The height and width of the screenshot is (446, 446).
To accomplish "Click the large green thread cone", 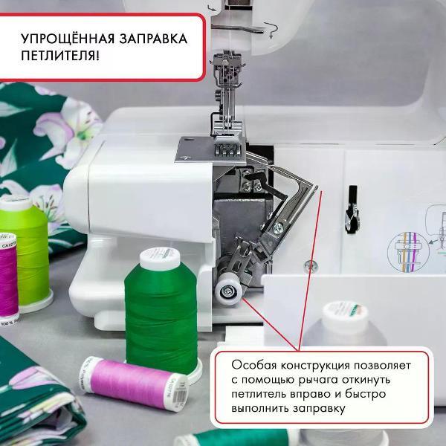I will pos(161,312).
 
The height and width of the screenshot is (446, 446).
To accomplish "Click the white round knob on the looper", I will pos(226,291).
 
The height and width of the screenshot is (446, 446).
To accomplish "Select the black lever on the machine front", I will pos(351,209).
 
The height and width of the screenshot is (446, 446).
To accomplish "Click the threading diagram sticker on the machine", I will pos(416,242).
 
